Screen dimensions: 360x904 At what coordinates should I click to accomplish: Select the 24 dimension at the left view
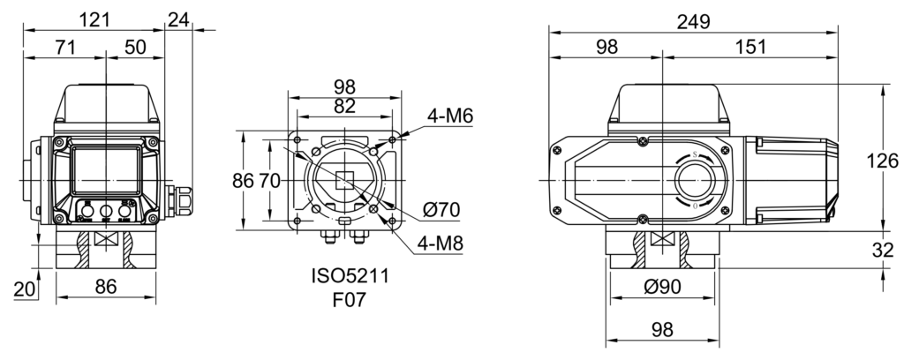pyautogui.click(x=180, y=18)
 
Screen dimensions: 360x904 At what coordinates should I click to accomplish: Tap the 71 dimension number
pyautogui.click(x=64, y=48)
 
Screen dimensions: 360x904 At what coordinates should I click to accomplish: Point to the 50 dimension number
pyautogui.click(x=135, y=48)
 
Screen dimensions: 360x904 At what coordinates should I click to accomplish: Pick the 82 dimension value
pyautogui.click(x=345, y=106)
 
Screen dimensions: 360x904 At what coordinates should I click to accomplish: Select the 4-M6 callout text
pyautogui.click(x=449, y=116)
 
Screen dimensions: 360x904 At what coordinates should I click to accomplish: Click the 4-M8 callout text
pyautogui.click(x=449, y=241)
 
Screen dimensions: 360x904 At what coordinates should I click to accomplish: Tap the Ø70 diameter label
pyautogui.click(x=444, y=210)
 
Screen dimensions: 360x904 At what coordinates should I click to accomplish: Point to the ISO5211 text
pyautogui.click(x=347, y=276)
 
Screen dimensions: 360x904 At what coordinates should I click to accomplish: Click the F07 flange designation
pyautogui.click(x=347, y=300)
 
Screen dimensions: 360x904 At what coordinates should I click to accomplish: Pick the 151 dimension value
pyautogui.click(x=750, y=48)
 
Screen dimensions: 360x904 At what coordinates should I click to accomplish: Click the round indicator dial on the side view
pyautogui.click(x=695, y=181)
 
